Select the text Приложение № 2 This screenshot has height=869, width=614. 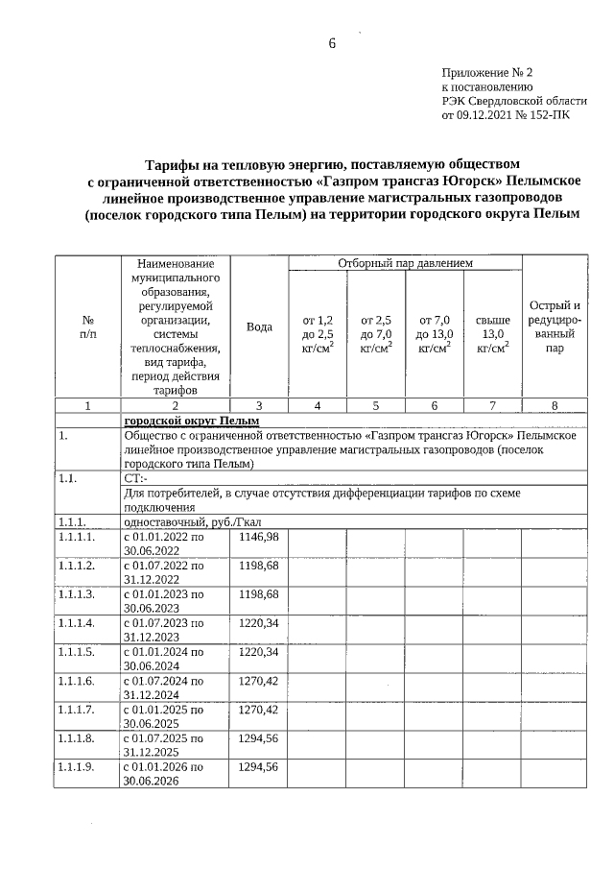tap(486, 72)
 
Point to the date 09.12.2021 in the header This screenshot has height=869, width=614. tap(484, 115)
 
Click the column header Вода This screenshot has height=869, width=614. tap(259, 326)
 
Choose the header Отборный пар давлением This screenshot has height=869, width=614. tap(405, 262)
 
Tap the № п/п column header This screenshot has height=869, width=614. tap(87, 326)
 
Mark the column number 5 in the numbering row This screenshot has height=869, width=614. tap(376, 406)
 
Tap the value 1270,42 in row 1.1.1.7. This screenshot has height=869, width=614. tap(259, 710)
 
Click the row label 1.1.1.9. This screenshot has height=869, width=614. tap(77, 767)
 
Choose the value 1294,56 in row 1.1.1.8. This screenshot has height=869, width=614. tap(259, 738)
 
